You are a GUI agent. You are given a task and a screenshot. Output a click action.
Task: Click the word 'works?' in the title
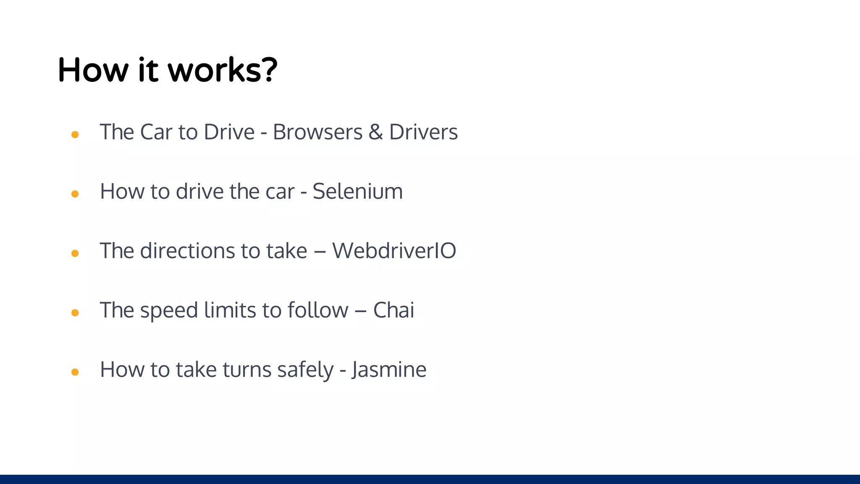(x=223, y=70)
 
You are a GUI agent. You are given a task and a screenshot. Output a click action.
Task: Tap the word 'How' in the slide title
(x=93, y=70)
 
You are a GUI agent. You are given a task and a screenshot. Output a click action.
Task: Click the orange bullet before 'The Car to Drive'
(x=75, y=134)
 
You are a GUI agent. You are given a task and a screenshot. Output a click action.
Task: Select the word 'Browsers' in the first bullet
(x=317, y=132)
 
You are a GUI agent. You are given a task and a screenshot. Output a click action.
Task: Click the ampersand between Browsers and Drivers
(x=376, y=132)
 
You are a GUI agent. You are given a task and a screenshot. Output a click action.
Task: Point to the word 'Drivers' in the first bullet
(x=423, y=132)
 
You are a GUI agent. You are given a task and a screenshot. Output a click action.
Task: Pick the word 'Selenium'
(x=357, y=192)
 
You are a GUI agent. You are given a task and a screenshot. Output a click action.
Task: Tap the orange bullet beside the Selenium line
(x=75, y=194)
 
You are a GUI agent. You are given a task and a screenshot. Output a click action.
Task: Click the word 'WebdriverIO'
(x=394, y=251)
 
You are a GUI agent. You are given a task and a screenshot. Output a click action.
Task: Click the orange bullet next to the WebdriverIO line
(x=75, y=253)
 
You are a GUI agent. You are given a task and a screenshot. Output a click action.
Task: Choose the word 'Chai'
(x=393, y=310)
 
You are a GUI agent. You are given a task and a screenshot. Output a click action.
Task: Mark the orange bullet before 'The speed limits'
(x=75, y=313)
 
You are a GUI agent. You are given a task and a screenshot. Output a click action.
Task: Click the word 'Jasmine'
(x=389, y=370)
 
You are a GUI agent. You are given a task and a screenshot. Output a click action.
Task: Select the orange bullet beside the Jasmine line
(x=75, y=372)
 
